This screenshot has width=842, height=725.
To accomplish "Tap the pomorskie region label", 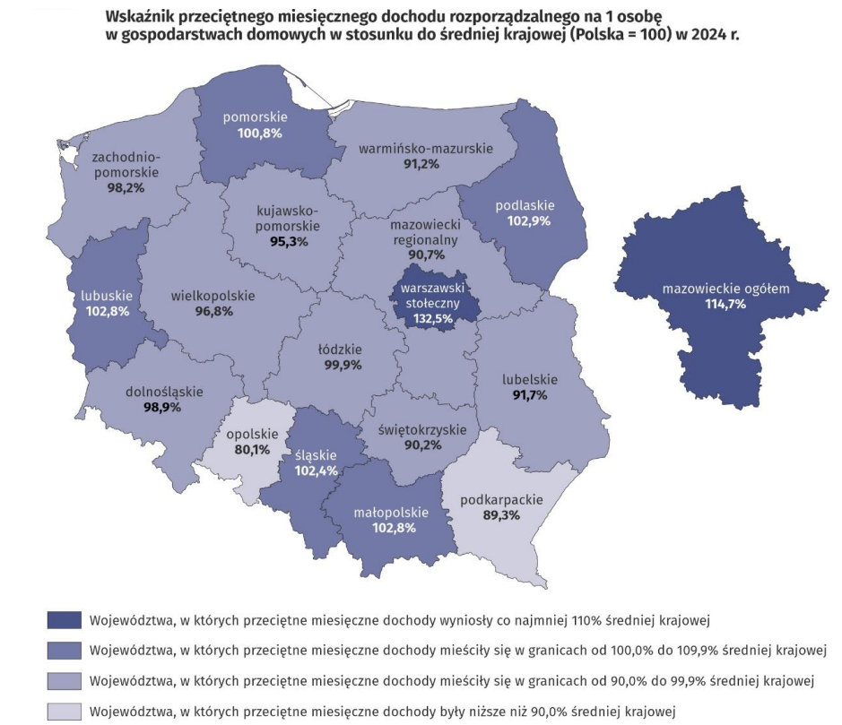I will point(254,117).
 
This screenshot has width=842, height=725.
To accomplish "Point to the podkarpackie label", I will point(493,500).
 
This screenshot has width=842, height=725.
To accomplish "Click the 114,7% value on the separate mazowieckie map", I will point(725,304).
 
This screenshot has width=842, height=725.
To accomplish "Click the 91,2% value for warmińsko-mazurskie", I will point(421,164).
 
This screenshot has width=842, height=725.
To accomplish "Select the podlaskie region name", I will point(525,204).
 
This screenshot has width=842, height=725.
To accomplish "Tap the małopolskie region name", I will point(391,513).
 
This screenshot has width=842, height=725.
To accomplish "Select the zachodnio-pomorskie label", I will point(126,164).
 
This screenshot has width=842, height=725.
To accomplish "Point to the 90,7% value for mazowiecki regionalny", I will point(425,255).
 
